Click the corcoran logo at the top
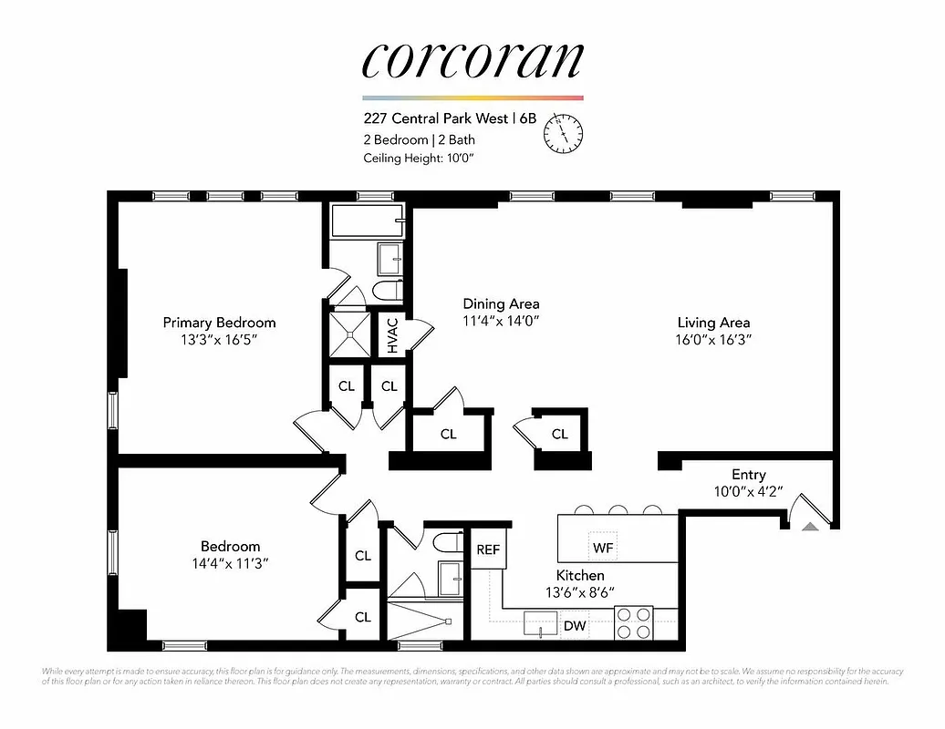pos(472,59)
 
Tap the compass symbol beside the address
pos(563,134)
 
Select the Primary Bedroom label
pos(219,323)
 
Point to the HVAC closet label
pos(392,335)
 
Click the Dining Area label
pos(501,303)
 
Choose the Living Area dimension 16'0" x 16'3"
pos(713,339)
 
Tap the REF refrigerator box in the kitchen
pos(488,549)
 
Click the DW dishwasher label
pos(575,626)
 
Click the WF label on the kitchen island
pos(602,548)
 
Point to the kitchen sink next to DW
pos(542,625)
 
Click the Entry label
pos(748,475)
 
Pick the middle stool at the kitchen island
pos(618,510)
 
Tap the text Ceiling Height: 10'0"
pos(419,158)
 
